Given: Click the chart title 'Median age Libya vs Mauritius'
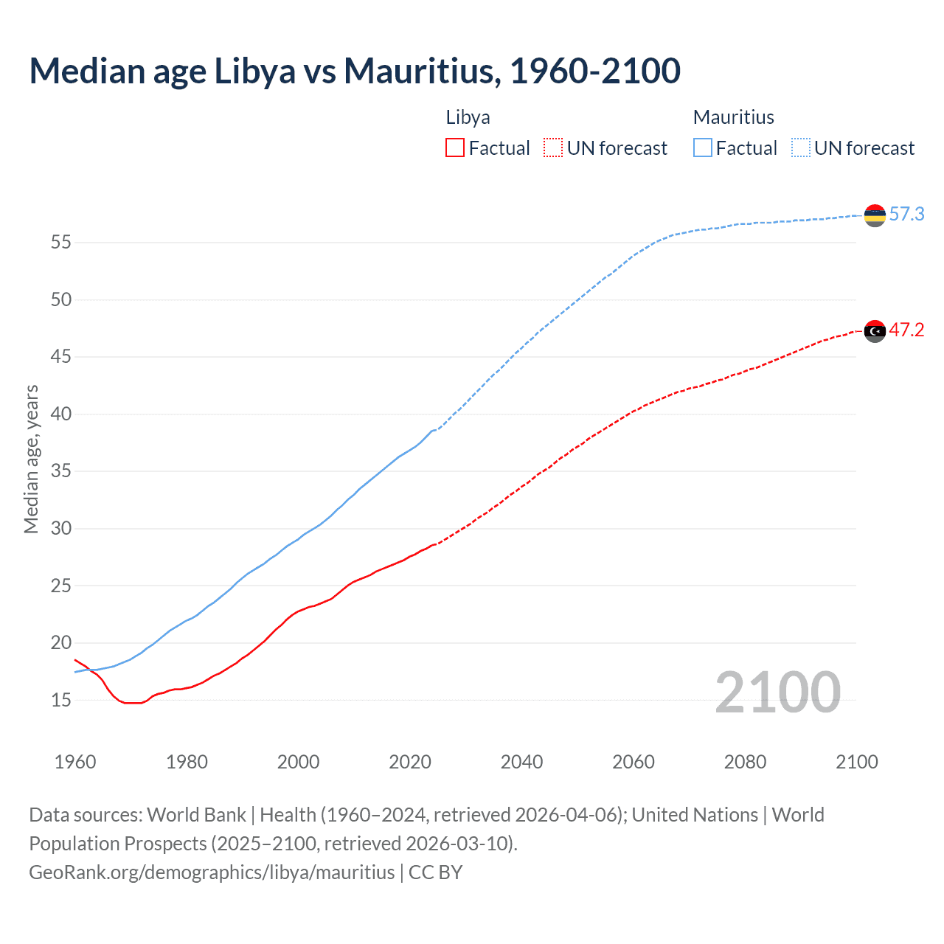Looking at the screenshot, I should click(x=354, y=71).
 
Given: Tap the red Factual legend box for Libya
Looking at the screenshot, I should click(x=455, y=147).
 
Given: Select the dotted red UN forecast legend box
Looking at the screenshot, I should click(x=553, y=147).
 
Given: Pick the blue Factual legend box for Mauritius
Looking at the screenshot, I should click(x=703, y=147).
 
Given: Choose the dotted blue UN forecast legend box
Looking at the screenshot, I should click(x=801, y=147).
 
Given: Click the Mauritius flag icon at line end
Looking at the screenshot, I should click(x=875, y=215).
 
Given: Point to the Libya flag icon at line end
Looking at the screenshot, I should click(x=875, y=332).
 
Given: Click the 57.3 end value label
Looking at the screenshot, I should click(x=906, y=215).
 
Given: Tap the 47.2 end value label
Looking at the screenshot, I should click(x=906, y=330).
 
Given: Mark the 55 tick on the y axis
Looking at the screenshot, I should click(x=61, y=243).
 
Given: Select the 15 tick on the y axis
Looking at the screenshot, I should click(x=61, y=700).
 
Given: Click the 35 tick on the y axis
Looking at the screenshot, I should click(x=61, y=471).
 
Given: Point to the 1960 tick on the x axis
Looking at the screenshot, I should click(x=75, y=762).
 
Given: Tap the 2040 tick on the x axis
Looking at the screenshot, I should click(x=521, y=762).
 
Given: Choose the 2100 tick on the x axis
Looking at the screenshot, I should click(x=856, y=762).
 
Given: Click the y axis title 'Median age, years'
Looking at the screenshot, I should click(x=31, y=459).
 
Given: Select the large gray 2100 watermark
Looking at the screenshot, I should click(x=777, y=693).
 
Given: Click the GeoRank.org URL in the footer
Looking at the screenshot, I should click(x=212, y=872).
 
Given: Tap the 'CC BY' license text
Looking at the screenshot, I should click(x=435, y=872).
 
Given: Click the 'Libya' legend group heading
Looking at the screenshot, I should click(x=468, y=117).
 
